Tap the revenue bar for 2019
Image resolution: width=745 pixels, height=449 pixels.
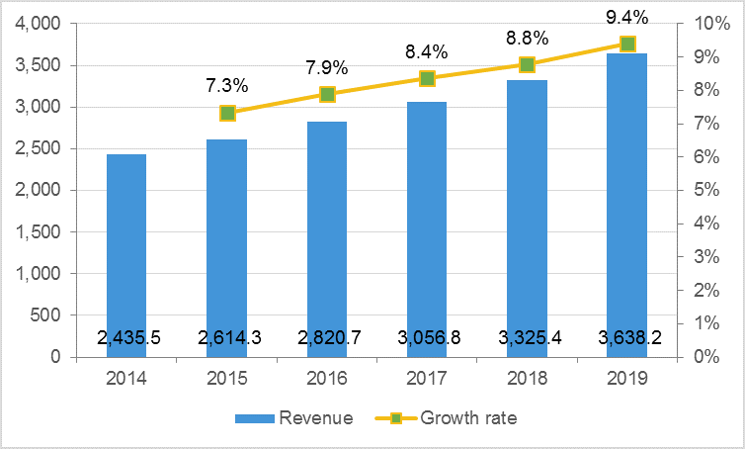tap(627, 198)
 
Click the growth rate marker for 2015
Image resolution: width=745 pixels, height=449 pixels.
tap(227, 113)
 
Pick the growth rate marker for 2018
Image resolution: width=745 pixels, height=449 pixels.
tap(527, 64)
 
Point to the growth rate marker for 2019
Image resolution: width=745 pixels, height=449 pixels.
tap(627, 44)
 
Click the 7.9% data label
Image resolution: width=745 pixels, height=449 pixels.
tap(326, 68)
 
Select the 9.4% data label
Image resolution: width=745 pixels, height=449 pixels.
tap(626, 17)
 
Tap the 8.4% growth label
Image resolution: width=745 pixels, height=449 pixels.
tap(426, 51)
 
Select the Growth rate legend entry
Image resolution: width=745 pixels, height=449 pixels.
tap(450, 418)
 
